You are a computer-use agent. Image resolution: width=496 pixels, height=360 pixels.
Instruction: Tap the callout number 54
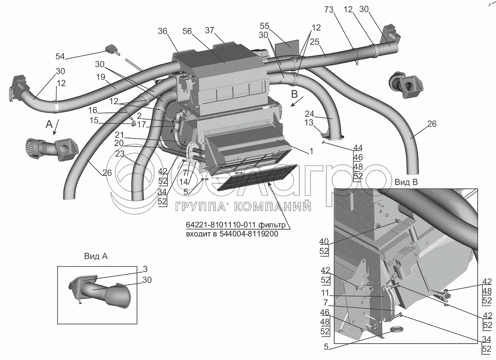point(60,56)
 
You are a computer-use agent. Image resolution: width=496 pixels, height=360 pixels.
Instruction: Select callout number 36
point(163,31)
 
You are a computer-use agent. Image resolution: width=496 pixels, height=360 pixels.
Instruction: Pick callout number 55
point(265,26)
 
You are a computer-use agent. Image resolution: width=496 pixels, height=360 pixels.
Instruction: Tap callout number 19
point(100,77)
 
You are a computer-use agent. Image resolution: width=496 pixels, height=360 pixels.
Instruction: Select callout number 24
point(309,113)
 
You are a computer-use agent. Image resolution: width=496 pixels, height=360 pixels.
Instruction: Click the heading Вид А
point(96,257)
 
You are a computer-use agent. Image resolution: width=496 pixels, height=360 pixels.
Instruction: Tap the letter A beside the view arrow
point(47,124)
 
